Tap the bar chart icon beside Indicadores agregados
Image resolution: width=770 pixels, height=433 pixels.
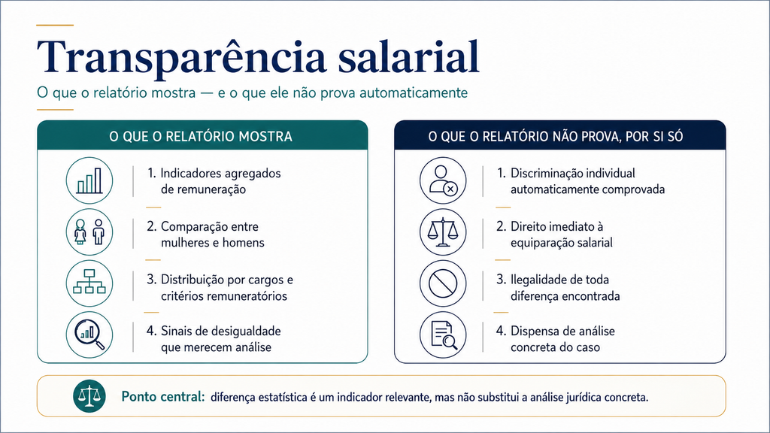coord(89,180)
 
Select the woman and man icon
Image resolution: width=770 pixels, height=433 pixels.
coord(89,232)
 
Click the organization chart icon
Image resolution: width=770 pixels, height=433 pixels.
coord(89,283)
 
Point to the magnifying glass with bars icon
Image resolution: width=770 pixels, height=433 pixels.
coord(89,335)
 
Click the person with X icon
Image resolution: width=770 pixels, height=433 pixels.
coord(443,180)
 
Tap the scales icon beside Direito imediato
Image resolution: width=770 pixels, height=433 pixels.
coord(443,232)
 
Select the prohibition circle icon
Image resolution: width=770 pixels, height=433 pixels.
coord(443,283)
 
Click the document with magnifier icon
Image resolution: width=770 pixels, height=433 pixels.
coord(443,335)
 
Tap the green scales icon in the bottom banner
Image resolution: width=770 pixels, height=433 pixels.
coord(89,396)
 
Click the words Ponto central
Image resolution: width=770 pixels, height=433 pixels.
coord(162,396)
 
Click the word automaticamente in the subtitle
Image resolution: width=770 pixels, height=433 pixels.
coord(414,92)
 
